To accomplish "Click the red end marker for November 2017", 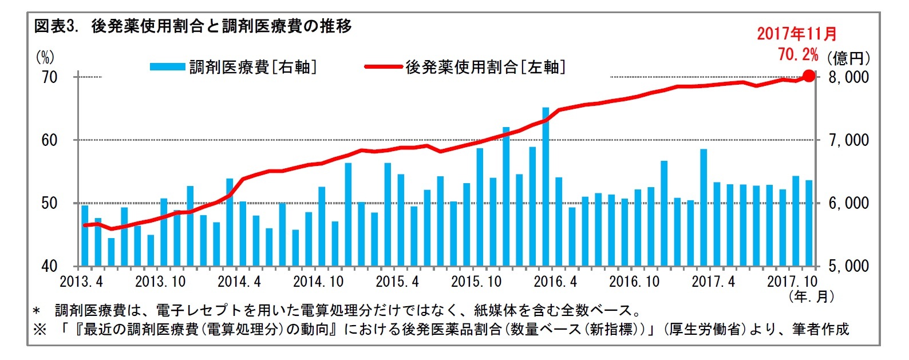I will point(808,76).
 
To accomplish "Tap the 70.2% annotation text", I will point(797,54).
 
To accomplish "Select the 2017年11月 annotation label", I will point(796,34).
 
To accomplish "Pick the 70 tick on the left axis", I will point(50,77).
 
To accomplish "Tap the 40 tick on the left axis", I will point(50,266).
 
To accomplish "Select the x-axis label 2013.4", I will point(81,282).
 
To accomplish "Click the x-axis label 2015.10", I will point(476,282).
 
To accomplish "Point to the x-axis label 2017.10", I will point(792,282).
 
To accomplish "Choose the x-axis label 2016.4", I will point(555,282).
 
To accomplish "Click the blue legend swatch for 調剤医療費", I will point(167,67).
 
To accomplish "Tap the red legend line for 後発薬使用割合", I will point(383,67).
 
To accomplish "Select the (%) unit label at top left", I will point(45,57).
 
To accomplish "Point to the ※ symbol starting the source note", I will point(39,330).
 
